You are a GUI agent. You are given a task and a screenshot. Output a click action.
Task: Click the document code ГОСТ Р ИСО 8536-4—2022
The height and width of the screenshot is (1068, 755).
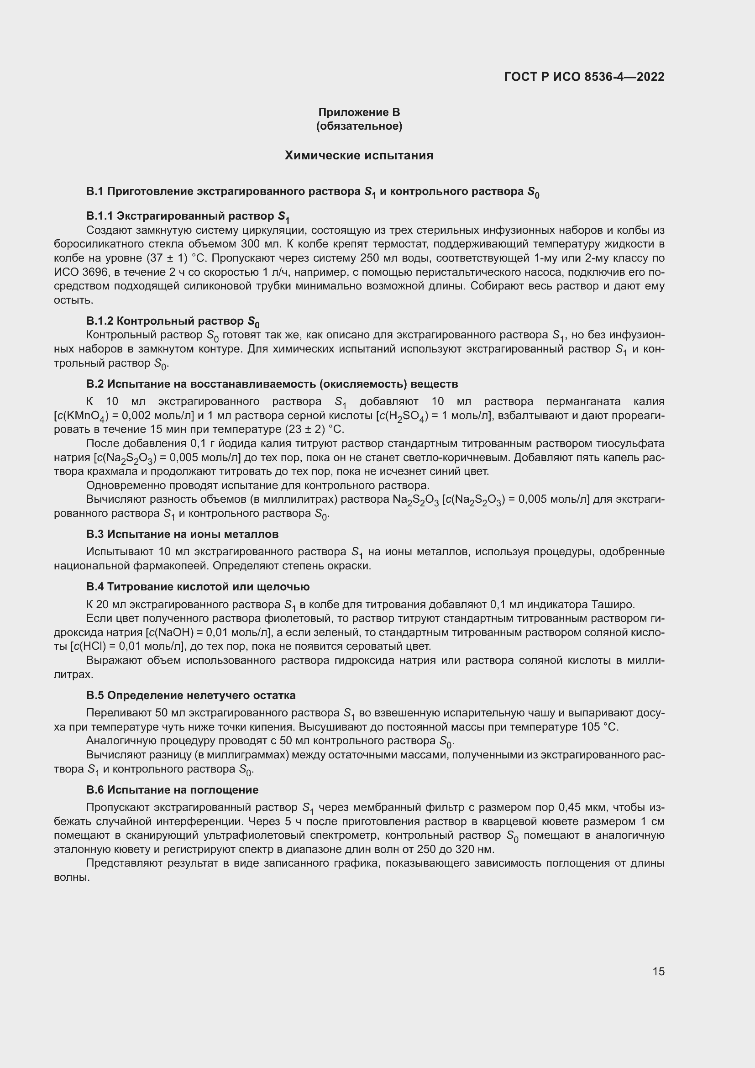click(584, 77)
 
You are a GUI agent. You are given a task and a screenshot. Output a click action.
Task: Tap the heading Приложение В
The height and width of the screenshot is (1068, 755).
click(359, 112)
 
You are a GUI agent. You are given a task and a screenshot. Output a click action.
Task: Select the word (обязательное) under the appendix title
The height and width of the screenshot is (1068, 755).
click(359, 126)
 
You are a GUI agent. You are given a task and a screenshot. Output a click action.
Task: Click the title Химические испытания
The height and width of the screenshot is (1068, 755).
click(359, 155)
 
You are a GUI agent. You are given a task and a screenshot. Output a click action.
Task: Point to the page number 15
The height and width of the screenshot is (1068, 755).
click(658, 971)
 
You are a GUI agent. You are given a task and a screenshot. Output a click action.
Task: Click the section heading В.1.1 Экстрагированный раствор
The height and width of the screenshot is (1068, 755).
click(188, 216)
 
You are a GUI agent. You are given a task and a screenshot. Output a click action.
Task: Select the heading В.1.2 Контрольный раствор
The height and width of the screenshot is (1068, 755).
click(173, 321)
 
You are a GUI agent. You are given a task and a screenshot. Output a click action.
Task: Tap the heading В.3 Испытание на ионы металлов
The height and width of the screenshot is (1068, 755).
click(182, 534)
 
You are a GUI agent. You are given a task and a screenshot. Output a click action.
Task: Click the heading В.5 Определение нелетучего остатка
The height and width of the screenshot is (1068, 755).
click(191, 695)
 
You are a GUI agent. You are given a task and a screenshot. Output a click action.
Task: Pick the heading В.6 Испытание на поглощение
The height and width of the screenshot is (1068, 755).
click(172, 790)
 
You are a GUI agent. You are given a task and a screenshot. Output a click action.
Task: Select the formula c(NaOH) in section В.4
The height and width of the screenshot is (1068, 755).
click(171, 632)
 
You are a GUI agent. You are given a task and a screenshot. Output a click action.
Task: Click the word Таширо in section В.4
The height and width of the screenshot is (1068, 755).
click(613, 605)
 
